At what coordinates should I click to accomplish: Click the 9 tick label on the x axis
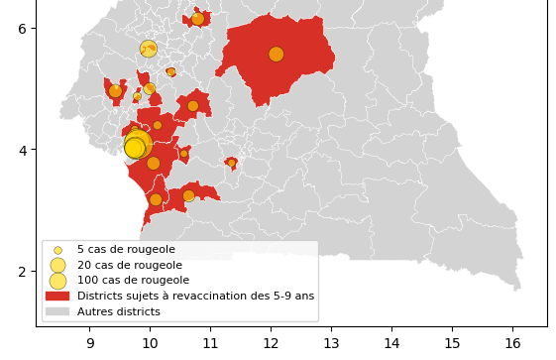[89, 344]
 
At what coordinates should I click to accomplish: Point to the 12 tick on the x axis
[271, 344]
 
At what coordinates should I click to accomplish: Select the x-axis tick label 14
[391, 344]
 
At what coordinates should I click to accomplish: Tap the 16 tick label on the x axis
[512, 344]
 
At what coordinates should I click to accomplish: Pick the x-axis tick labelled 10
[150, 344]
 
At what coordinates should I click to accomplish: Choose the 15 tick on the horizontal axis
[452, 344]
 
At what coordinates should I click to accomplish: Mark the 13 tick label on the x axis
[331, 344]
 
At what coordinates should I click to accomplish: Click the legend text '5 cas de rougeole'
[126, 250]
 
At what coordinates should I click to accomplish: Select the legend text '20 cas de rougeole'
[129, 265]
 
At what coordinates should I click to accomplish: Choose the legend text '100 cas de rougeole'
[132, 281]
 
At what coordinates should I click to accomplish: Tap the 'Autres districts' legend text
[118, 311]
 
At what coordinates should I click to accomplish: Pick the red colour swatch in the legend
[57, 296]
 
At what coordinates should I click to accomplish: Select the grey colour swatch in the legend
[57, 311]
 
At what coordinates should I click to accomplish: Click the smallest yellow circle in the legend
[57, 250]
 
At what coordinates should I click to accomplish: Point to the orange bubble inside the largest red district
[276, 55]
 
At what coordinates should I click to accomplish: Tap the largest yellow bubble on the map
[137, 146]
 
